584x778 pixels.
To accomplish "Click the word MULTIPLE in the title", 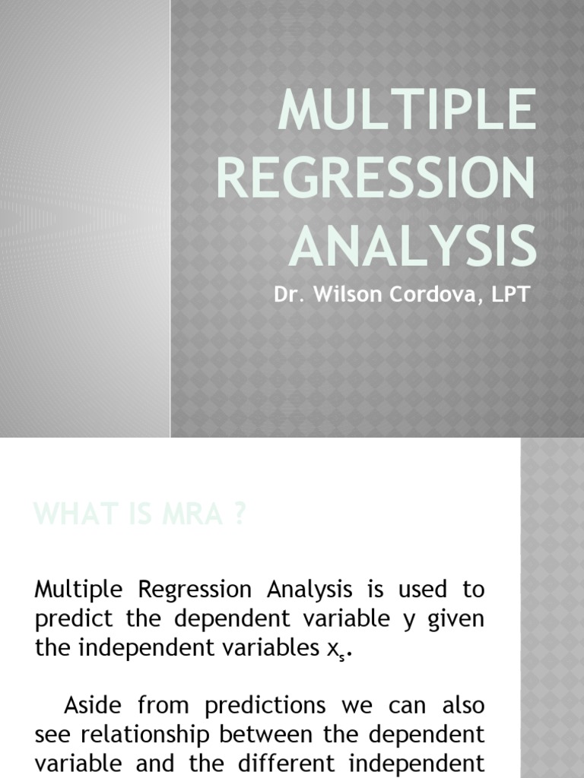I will [406, 111].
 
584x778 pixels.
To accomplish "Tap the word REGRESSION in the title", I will [376, 178].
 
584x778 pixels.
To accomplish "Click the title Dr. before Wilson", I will [287, 294].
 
